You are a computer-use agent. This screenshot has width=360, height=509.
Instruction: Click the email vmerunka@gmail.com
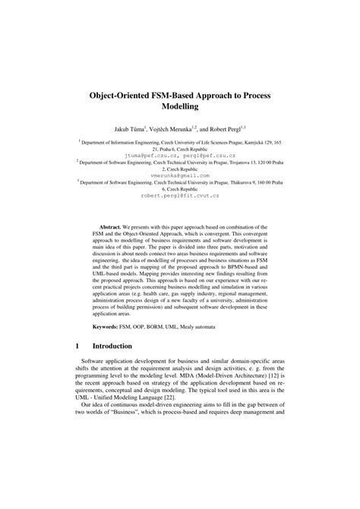179,175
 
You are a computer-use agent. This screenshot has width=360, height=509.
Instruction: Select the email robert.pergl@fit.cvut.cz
179,194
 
